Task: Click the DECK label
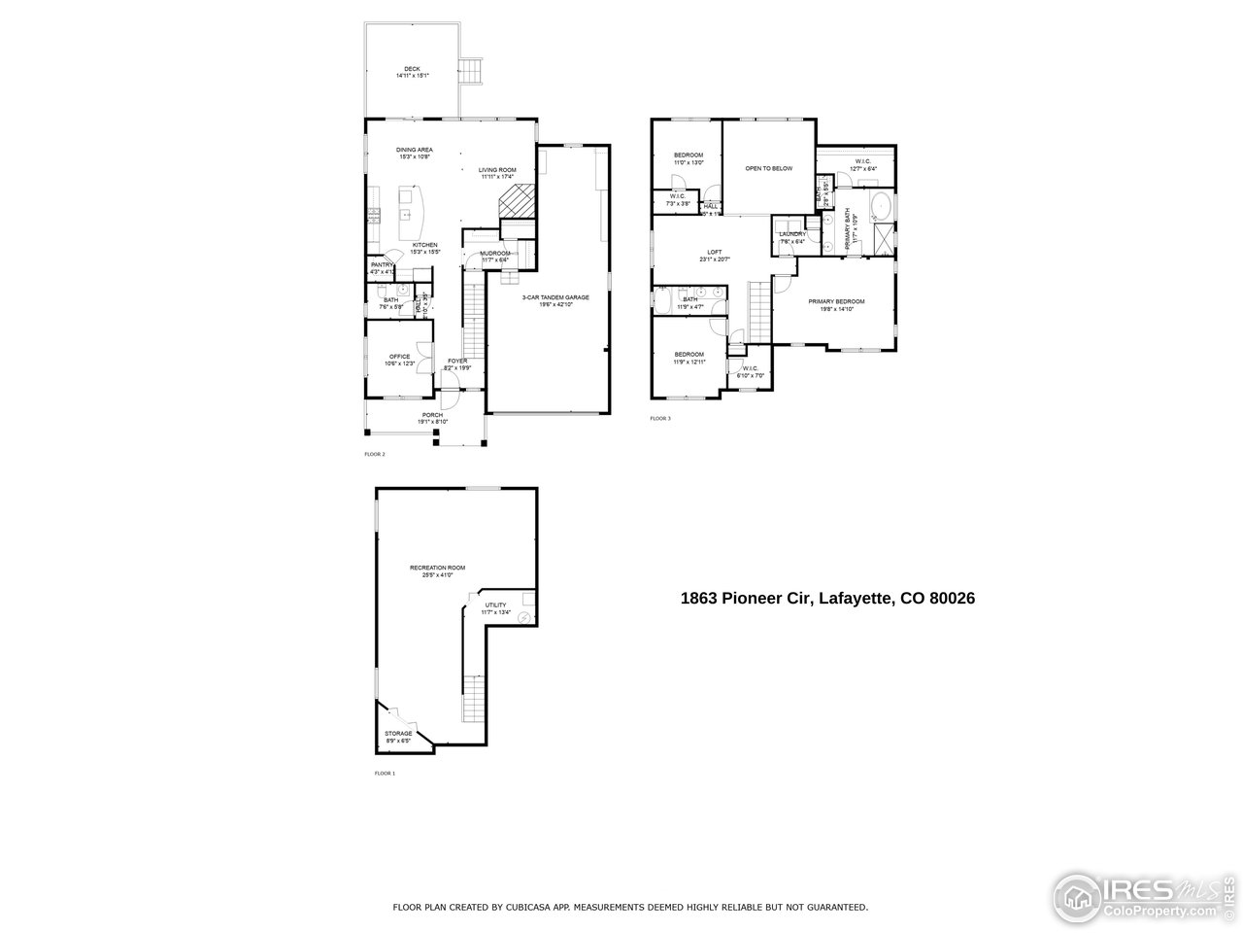tap(413, 68)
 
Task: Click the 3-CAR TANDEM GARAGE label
tap(549, 297)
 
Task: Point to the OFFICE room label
tap(400, 357)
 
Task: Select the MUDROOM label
tap(495, 254)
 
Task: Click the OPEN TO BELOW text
tap(768, 168)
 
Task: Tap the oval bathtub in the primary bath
tap(881, 207)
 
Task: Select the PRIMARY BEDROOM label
tap(836, 301)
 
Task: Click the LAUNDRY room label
tap(792, 234)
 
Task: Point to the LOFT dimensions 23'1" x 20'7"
tap(714, 259)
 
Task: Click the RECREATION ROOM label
tap(437, 568)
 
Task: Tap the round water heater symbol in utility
tap(523, 618)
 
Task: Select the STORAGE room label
tap(398, 734)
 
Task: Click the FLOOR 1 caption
tap(385, 774)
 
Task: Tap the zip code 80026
tap(952, 599)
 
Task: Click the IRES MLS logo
tap(1142, 895)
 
